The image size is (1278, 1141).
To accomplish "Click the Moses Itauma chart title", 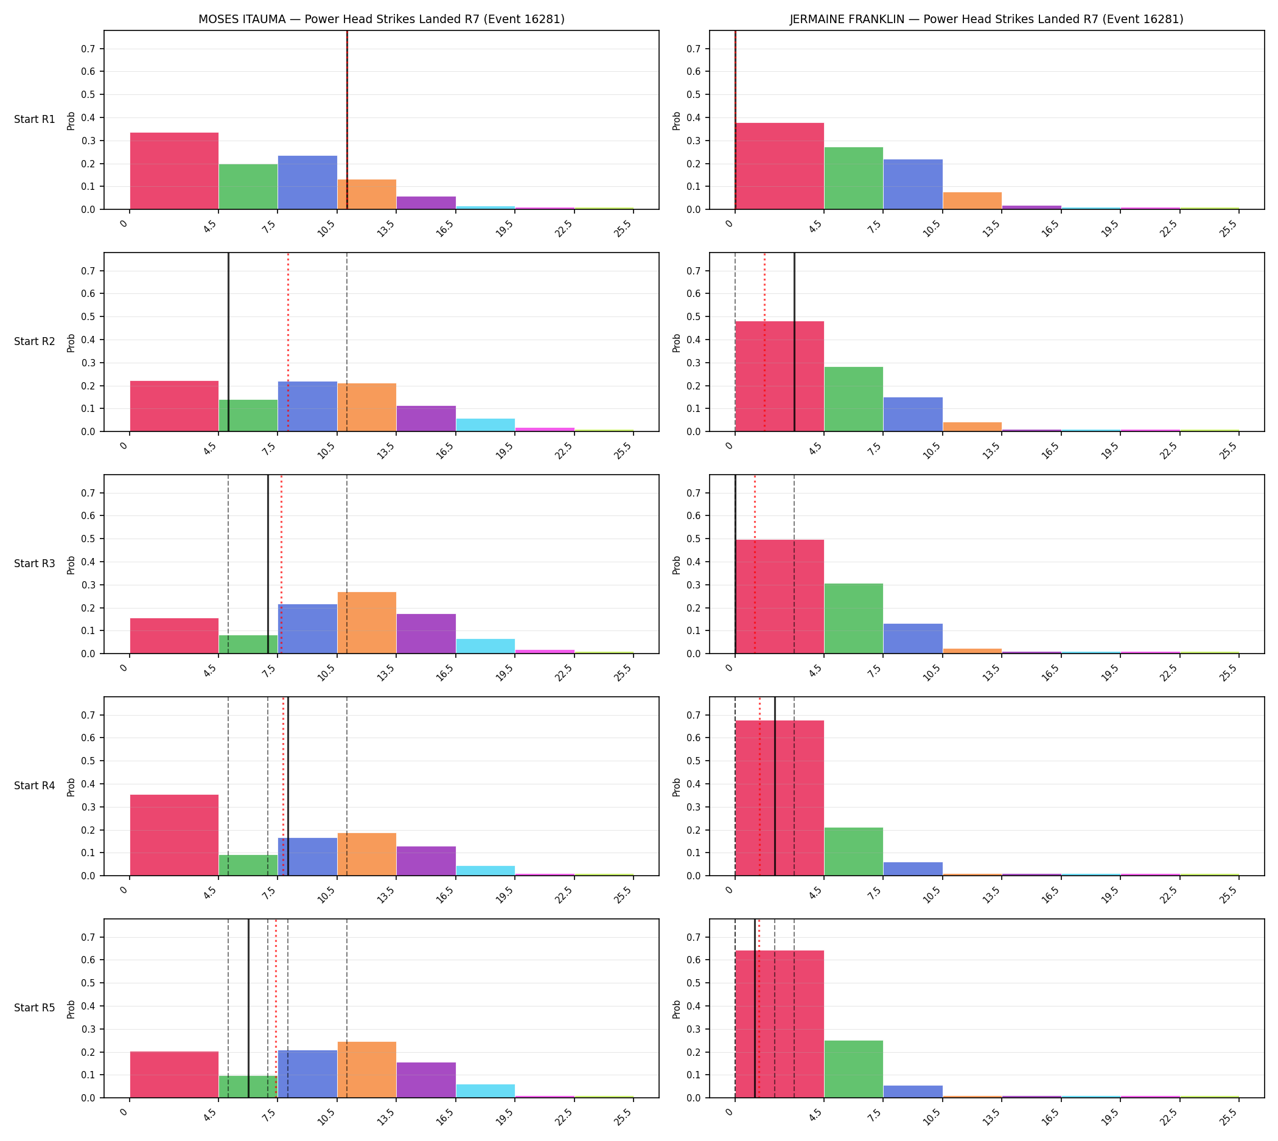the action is (x=381, y=19).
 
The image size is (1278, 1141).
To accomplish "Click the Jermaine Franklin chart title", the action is (x=986, y=19).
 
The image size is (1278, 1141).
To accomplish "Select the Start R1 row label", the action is (x=35, y=119).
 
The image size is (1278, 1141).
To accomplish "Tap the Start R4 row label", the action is (x=35, y=786).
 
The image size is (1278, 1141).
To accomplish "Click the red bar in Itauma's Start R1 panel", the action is (x=174, y=170).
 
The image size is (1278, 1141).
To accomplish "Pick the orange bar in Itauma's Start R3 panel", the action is (x=367, y=623).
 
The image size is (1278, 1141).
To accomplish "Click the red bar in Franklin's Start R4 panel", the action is (x=780, y=797).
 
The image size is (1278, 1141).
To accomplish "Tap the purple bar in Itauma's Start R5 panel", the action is (x=427, y=1080).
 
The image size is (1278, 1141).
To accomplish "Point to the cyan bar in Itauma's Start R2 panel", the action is (x=486, y=425).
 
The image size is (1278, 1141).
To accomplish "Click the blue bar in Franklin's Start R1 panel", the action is (x=913, y=184).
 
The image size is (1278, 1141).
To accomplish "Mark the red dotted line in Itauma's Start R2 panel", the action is (x=288, y=341).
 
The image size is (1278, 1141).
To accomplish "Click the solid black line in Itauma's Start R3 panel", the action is (x=268, y=564).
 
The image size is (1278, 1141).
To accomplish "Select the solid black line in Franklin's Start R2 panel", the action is (x=795, y=341).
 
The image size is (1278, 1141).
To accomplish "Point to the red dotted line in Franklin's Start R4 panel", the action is (x=759, y=786).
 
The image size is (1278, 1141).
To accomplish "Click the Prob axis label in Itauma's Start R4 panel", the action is (x=71, y=787).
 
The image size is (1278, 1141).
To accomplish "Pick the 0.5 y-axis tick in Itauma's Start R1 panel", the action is (x=91, y=95).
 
